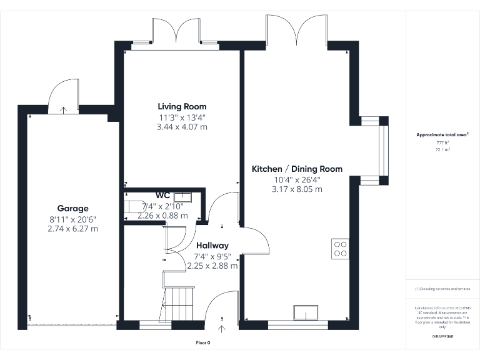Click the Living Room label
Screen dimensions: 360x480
[182, 106]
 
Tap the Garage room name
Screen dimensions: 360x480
[73, 208]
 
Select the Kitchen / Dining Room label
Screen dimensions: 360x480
[297, 169]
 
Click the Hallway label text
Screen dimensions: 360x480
[212, 246]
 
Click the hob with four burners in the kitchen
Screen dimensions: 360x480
[341, 249]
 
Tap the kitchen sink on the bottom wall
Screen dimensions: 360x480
[306, 312]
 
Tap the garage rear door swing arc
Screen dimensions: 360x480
[62, 94]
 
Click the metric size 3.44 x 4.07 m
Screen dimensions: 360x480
[182, 126]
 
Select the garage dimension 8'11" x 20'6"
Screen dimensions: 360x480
[73, 219]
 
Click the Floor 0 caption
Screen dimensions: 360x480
[203, 342]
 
